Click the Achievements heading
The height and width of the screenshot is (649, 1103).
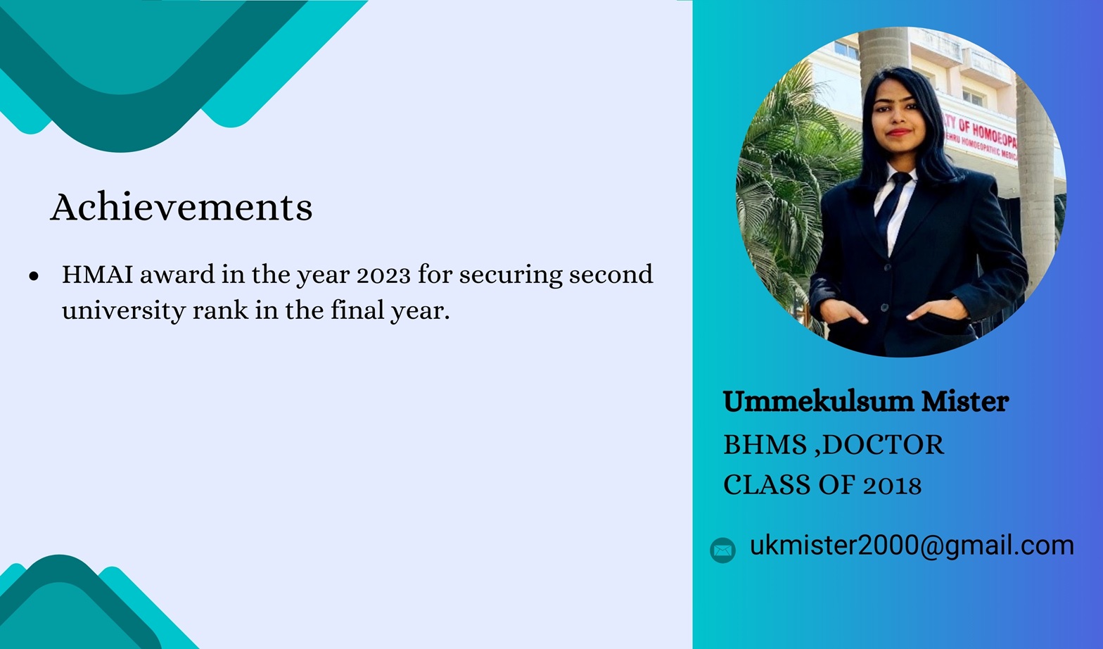click(181, 207)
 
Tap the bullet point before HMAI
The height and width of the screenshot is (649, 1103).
click(34, 276)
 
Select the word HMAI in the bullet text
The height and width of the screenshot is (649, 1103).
click(98, 275)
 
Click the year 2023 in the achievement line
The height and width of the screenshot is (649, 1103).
click(383, 275)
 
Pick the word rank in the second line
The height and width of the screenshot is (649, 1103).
click(221, 310)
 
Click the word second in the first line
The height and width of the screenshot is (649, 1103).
click(611, 275)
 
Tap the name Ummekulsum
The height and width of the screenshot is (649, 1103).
click(818, 401)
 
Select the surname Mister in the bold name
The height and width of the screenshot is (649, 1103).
click(965, 401)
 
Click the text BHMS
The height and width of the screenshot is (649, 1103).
click(765, 444)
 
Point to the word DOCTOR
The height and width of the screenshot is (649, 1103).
click(883, 444)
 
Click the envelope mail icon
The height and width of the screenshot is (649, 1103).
click(723, 550)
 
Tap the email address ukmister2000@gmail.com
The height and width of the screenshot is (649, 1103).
click(912, 546)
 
